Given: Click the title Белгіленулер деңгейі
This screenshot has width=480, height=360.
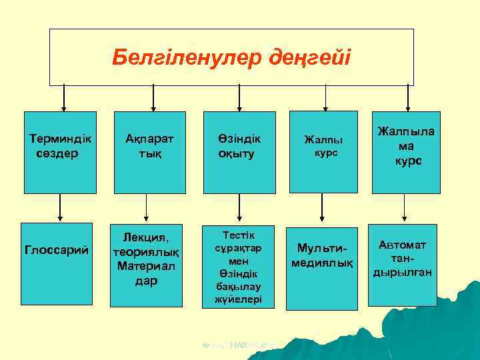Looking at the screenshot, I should (x=231, y=57).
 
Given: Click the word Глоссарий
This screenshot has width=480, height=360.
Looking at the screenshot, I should (x=57, y=250).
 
